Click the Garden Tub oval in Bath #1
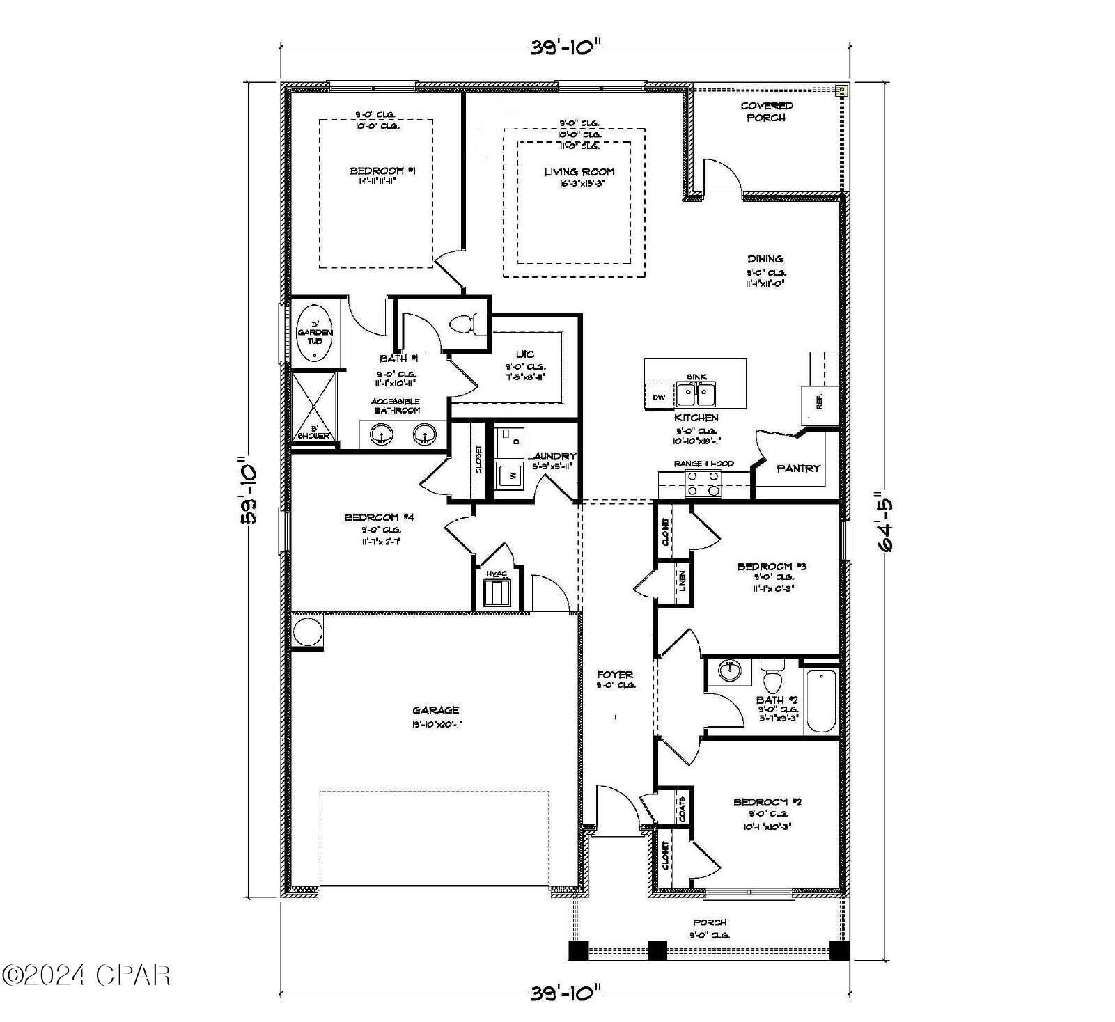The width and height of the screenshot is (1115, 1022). pos(315,333)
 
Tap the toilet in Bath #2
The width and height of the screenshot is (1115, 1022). pos(772,677)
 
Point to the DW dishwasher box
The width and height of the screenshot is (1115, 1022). pos(658,397)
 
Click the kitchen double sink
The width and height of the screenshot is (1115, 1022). pos(696,395)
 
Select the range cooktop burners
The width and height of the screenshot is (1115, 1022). pos(702,483)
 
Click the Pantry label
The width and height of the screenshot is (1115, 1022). pos(798,469)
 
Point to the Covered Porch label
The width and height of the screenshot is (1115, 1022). pos(766,111)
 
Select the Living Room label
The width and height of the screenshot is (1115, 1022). pos(579,171)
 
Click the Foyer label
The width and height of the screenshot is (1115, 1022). pos(615,674)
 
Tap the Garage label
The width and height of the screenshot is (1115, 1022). pos(436,710)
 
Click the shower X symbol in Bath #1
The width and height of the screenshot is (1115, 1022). pos(313,405)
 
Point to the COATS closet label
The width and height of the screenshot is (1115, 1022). pos(683,809)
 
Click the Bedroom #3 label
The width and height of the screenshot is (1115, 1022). pos(771,566)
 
